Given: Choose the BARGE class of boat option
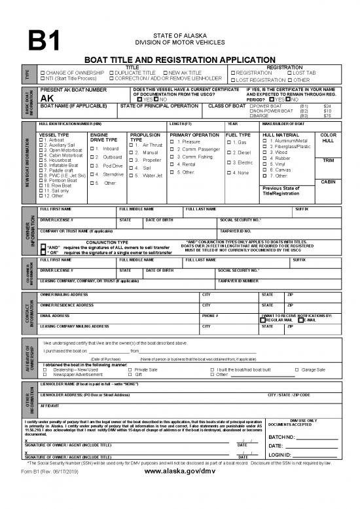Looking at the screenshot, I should pyautogui.click(x=252, y=115).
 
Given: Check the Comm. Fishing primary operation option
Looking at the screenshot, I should pyautogui.click(x=171, y=157).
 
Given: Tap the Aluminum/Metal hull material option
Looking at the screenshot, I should pyautogui.click(x=264, y=141).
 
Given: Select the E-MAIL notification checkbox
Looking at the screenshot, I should pyautogui.click(x=300, y=320).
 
